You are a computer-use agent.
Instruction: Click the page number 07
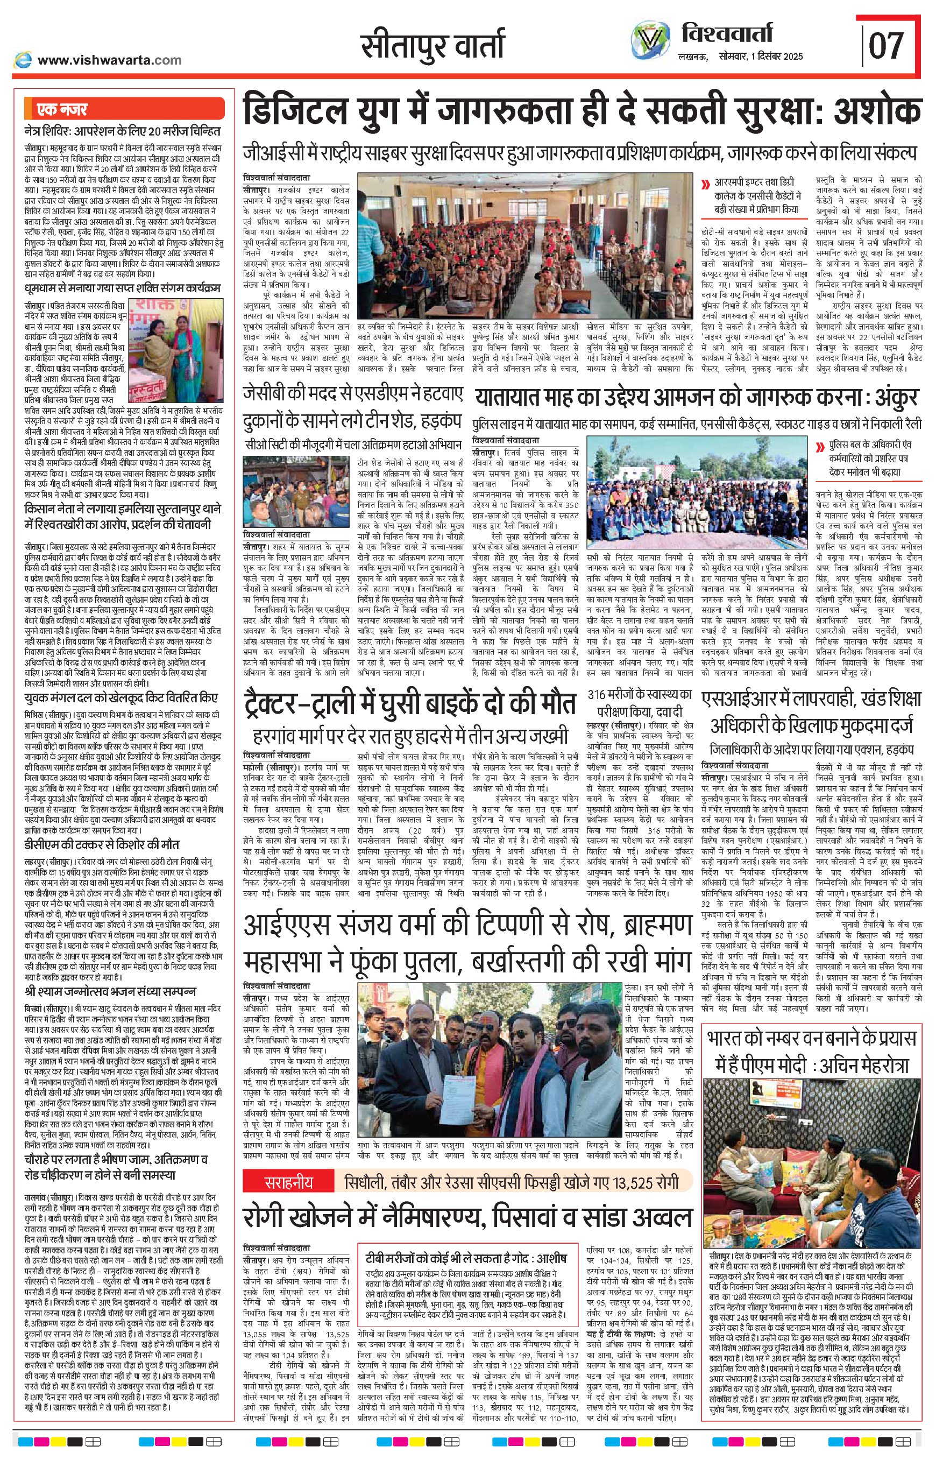(887, 46)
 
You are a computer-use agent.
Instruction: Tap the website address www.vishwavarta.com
(109, 60)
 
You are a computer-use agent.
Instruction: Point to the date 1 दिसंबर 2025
(777, 57)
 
